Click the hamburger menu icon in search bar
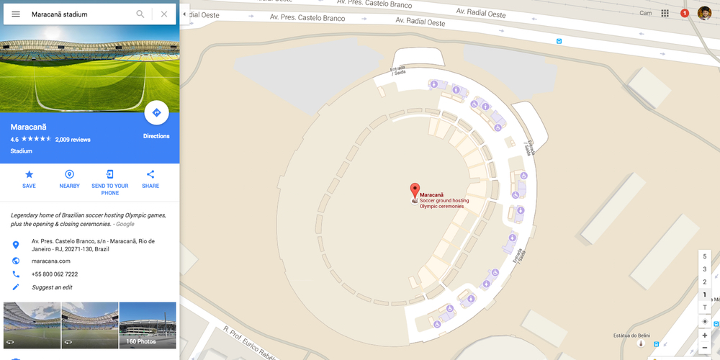coord(16,14)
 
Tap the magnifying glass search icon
coord(140,14)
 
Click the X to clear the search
coord(164,14)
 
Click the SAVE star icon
coord(29,174)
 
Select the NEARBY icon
coord(70,174)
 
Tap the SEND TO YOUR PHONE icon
coord(110,174)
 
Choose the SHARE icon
coord(150,174)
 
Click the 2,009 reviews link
coord(73,140)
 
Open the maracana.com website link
coord(50,261)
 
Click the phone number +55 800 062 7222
coord(55,274)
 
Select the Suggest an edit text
coord(52,287)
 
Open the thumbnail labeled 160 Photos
coord(148,325)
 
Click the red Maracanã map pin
coord(415,191)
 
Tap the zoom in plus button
coord(705,336)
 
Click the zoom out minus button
coord(705,348)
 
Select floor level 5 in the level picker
coord(705,256)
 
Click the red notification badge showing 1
coord(685,13)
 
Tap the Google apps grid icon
coord(665,13)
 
